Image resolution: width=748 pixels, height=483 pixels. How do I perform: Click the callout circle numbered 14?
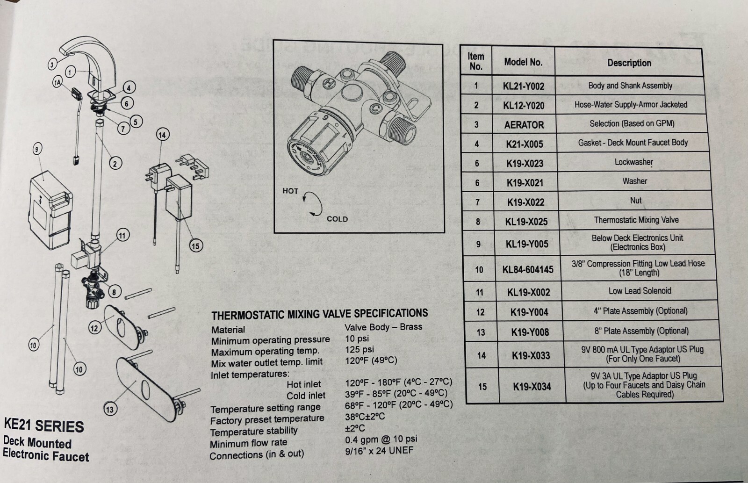coord(162,135)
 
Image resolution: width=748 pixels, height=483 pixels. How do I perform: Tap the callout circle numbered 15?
coord(195,245)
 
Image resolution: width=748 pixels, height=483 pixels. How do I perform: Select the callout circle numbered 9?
coord(37,149)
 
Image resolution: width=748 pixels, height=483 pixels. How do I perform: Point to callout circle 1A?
coord(58,83)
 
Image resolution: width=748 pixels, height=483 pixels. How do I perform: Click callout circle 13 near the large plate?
coord(109,410)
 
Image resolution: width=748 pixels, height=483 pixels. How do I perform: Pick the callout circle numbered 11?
coord(122,235)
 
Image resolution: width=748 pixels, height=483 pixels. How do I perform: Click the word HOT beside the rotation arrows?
coord(290,191)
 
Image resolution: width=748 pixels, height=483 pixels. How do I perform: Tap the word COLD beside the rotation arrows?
coord(337,219)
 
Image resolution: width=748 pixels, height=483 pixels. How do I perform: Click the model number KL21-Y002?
coord(524,87)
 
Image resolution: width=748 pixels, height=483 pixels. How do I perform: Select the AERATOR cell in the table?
coord(524,125)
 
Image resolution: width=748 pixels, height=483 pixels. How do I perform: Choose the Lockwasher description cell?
coord(633,162)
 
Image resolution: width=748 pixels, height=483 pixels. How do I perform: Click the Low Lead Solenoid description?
coord(640,291)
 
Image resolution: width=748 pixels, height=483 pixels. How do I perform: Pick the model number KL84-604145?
coord(528,270)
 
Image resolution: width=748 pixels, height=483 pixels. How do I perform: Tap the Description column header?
coord(629,63)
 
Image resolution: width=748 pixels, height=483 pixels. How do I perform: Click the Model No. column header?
coord(523,62)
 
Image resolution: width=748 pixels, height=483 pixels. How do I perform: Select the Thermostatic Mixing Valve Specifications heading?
coord(319,314)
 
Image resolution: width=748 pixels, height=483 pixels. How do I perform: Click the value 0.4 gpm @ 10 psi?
coord(381,440)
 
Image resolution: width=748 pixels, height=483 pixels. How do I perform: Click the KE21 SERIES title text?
coord(44,425)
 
